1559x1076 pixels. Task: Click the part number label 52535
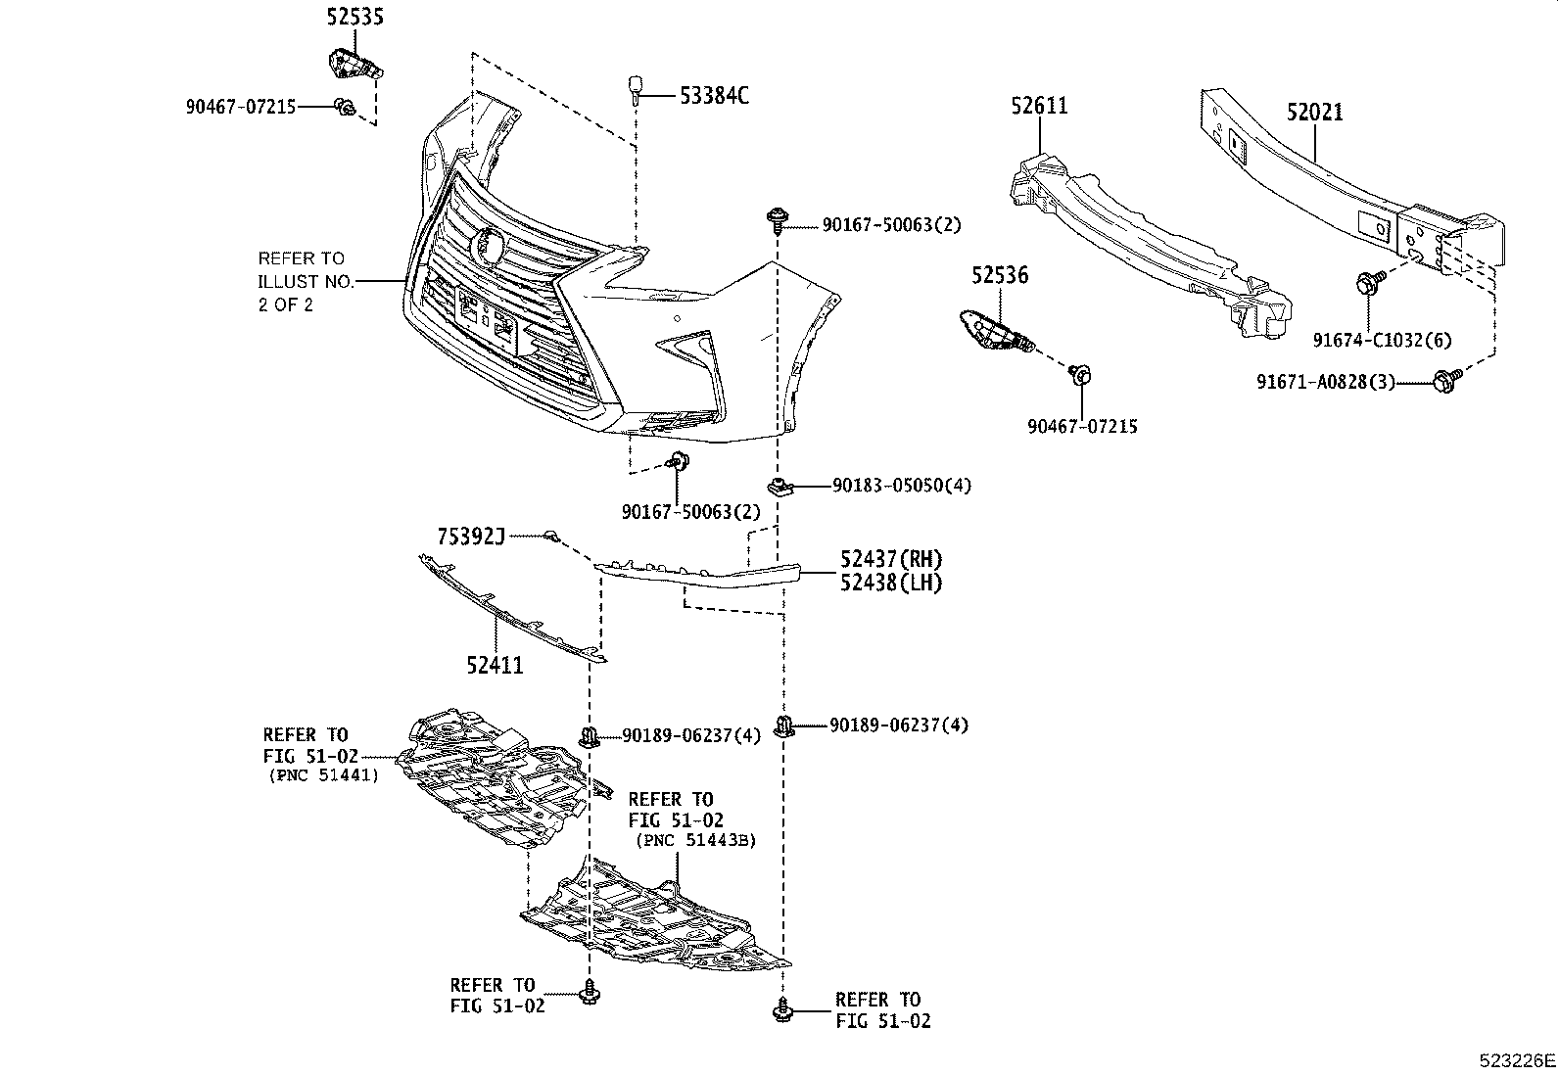[354, 17]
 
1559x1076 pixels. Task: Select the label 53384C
[714, 95]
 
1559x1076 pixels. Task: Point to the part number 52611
[1039, 106]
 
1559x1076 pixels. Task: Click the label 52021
[1314, 113]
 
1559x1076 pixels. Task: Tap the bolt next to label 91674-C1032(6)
[1368, 284]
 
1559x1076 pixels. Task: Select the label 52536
[1000, 276]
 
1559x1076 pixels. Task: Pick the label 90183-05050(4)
[902, 486]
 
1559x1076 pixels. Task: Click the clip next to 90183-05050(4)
[779, 486]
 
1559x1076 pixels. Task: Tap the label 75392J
[471, 536]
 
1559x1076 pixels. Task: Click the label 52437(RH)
[890, 559]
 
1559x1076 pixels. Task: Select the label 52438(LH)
[890, 583]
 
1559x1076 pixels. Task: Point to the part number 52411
[495, 666]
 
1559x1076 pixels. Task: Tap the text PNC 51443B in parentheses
[695, 840]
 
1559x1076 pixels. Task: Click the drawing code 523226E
[1516, 1060]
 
